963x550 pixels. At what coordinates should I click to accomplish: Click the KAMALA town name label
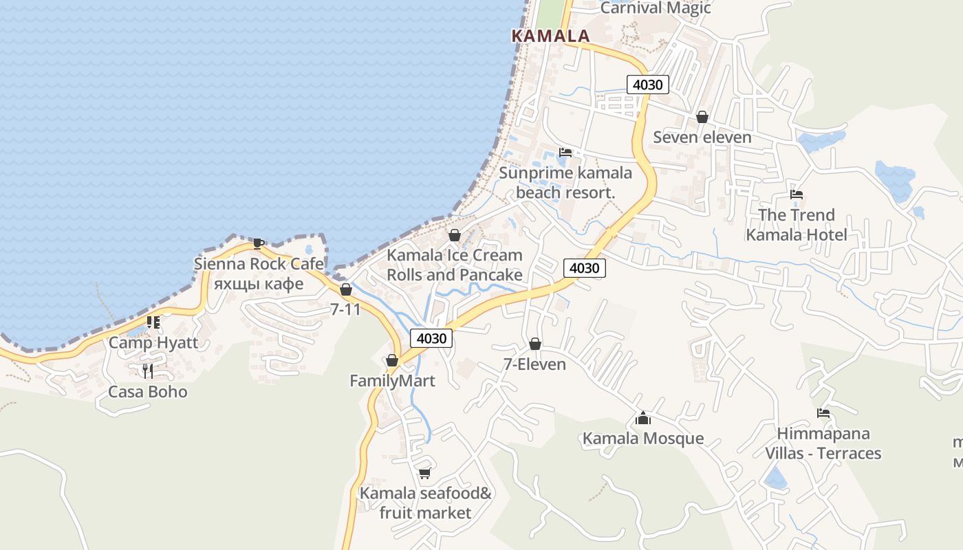550,36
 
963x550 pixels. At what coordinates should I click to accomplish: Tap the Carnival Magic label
655,8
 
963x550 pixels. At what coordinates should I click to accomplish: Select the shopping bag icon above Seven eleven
702,117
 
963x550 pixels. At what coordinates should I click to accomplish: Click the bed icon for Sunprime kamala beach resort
565,153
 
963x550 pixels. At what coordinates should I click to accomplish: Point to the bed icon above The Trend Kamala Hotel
797,195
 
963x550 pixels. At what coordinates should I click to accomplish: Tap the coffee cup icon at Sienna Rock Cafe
258,243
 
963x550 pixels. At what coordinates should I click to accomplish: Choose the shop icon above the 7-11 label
345,289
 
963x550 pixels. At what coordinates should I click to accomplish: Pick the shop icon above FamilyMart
391,360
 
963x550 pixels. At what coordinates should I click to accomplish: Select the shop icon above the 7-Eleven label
534,344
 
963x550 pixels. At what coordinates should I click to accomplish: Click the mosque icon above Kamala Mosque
643,418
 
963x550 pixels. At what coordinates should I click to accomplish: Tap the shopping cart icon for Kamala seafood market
425,473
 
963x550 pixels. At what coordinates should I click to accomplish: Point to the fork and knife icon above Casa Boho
147,371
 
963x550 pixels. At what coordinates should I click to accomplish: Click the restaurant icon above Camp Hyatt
153,322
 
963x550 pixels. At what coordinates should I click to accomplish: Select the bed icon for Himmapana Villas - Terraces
823,413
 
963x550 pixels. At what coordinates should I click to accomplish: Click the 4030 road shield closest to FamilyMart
431,338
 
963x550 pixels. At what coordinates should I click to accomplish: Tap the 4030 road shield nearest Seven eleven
647,85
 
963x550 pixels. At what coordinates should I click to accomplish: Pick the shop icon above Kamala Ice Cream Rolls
454,235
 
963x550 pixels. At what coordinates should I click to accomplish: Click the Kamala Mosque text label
643,439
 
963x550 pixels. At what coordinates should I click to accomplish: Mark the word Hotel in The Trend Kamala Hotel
823,235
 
